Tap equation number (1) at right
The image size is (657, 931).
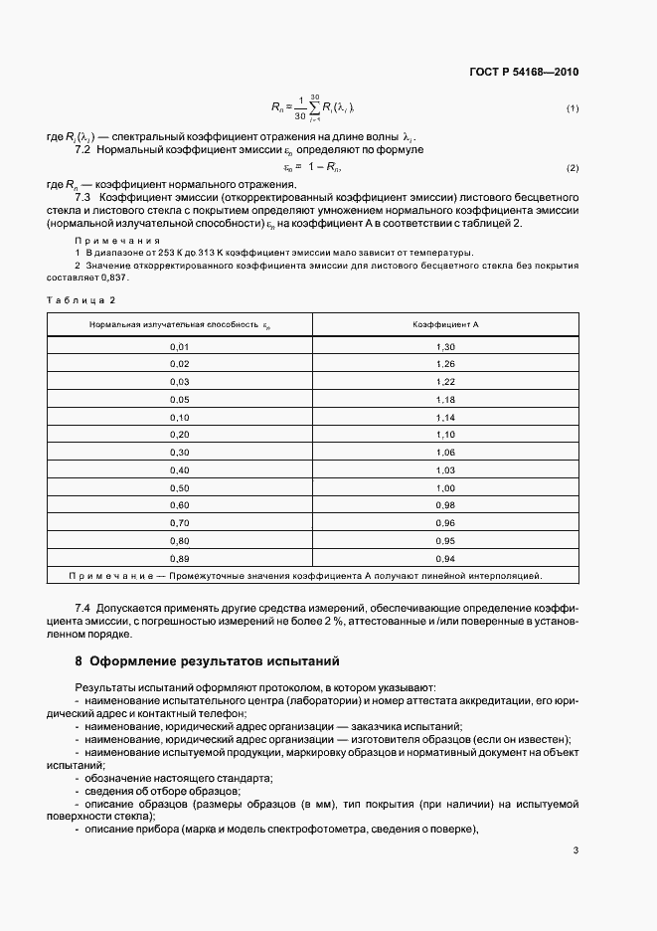click(x=573, y=107)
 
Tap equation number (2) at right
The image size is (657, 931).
click(x=573, y=167)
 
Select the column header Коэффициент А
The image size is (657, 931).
click(x=445, y=325)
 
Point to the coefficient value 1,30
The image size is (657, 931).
click(x=445, y=346)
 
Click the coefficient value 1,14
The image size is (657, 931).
click(x=445, y=417)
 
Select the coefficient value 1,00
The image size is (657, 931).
click(x=445, y=487)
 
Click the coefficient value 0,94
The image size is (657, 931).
click(x=445, y=558)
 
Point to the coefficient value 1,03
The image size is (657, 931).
click(x=445, y=469)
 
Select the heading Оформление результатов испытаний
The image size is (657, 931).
click(x=215, y=659)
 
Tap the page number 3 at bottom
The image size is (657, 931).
click(x=575, y=849)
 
